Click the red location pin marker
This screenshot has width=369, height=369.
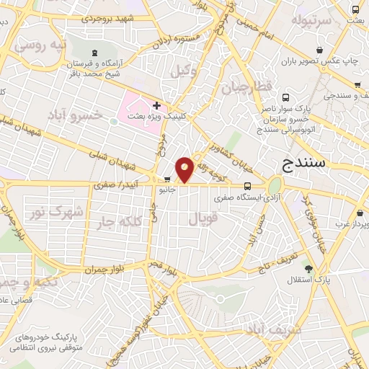coord(184,168)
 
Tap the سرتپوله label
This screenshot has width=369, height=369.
coord(310,20)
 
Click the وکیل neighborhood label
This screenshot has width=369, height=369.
coord(182,70)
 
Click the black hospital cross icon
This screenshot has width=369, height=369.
coord(156,105)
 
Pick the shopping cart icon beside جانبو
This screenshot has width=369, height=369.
coord(167,180)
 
